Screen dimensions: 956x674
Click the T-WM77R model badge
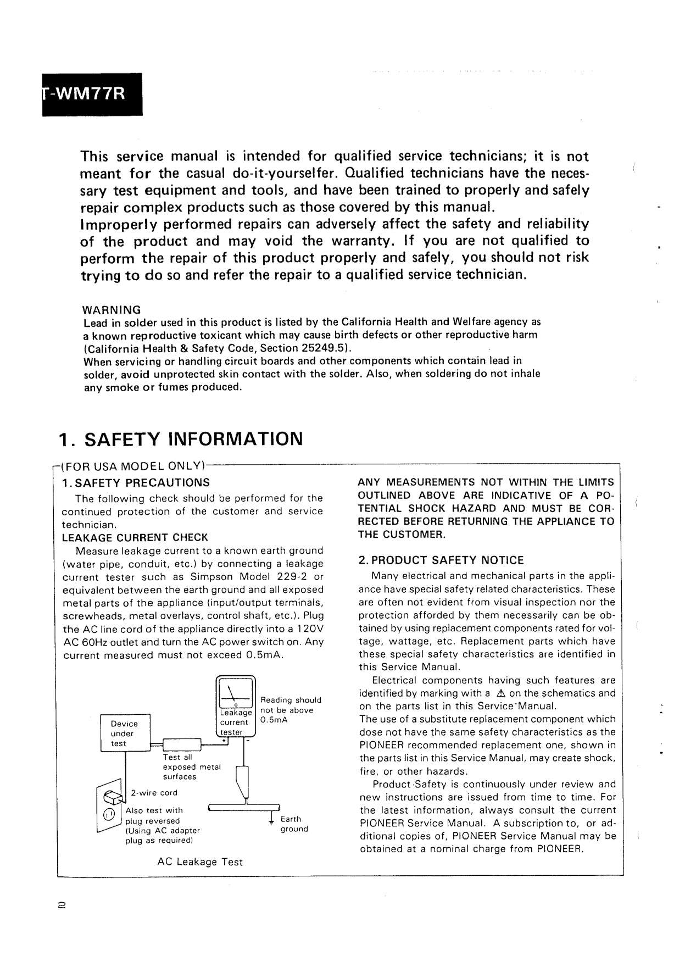(x=92, y=94)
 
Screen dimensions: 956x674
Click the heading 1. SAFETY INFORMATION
(x=181, y=439)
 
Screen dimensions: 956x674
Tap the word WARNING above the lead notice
(x=112, y=310)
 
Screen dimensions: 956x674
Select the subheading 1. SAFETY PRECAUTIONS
(x=136, y=483)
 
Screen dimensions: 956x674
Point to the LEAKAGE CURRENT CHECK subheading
(x=135, y=537)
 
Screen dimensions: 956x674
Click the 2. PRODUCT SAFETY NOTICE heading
(x=441, y=560)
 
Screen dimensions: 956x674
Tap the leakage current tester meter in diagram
(x=236, y=707)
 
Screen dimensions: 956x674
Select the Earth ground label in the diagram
(x=294, y=824)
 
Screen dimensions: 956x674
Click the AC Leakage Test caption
(x=200, y=862)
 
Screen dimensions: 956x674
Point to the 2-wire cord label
(x=154, y=793)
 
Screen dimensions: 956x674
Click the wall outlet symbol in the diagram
(x=109, y=806)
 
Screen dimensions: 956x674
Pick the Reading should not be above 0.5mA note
(x=291, y=710)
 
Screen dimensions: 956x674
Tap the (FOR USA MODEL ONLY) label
(x=133, y=466)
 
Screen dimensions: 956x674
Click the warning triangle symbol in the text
(x=499, y=693)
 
